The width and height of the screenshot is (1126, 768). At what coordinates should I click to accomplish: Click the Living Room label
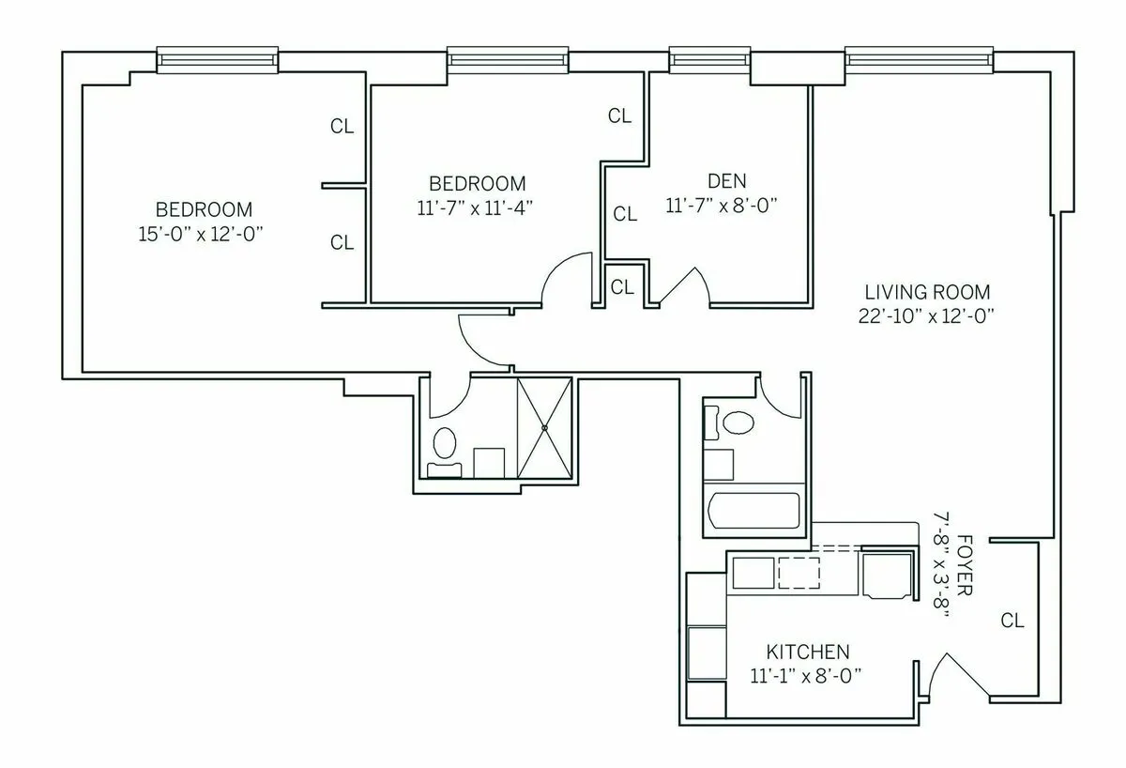tap(926, 292)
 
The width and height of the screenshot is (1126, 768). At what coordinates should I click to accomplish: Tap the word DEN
tap(727, 181)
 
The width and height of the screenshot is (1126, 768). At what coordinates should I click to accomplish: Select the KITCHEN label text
tap(808, 652)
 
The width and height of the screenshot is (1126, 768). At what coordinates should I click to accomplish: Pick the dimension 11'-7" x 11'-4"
tap(477, 207)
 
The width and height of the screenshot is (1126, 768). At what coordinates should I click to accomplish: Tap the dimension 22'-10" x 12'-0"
tap(926, 316)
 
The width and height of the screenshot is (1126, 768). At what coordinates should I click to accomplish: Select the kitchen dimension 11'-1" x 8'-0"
tap(806, 674)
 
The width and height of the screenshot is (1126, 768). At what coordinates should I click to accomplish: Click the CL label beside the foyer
tap(1012, 621)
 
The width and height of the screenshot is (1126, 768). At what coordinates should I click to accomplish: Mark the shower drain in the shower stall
tap(544, 427)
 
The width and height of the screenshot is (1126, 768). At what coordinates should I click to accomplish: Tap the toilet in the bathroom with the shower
tap(444, 444)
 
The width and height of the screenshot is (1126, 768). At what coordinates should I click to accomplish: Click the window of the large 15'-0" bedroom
tap(217, 60)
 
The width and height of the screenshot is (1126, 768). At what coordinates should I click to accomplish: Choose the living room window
tap(919, 60)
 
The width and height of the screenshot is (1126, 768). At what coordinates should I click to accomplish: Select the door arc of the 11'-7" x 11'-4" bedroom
tap(565, 278)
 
